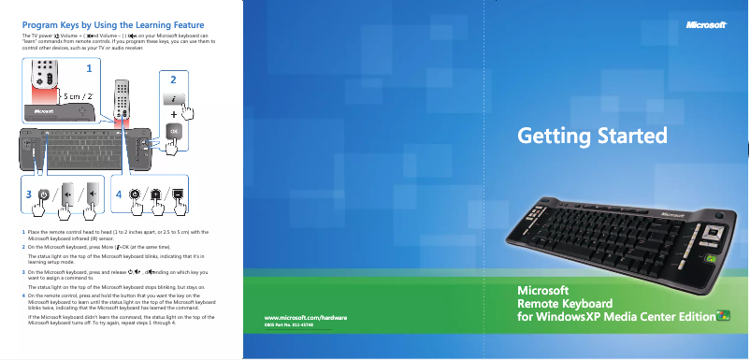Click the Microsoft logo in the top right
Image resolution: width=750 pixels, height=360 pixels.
tap(707, 25)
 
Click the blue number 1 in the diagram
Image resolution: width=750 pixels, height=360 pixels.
tap(89, 69)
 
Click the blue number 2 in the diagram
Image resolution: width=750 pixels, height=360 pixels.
tap(172, 79)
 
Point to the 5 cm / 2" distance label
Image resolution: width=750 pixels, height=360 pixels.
tap(75, 95)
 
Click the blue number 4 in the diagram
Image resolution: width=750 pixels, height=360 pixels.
tap(119, 194)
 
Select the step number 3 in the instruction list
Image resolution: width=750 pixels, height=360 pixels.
tap(22, 271)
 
